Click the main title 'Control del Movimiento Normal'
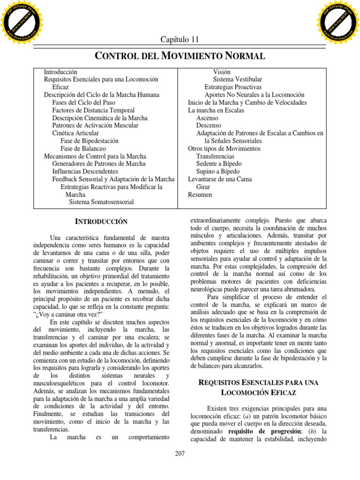(180, 56)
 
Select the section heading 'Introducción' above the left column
(102, 221)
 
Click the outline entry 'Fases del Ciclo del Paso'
(83, 102)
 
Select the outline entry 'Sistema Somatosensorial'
(101, 202)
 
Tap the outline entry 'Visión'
(223, 72)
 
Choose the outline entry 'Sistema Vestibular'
(238, 80)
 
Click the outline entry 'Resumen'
(200, 195)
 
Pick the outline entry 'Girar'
(203, 187)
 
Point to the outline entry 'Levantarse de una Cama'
(220, 179)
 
